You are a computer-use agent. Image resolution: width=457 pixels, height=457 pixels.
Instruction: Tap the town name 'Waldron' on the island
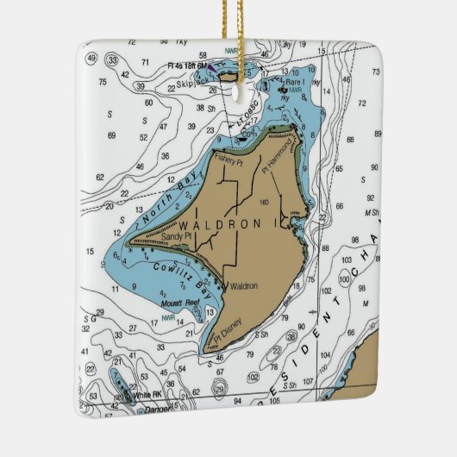coord(243,287)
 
